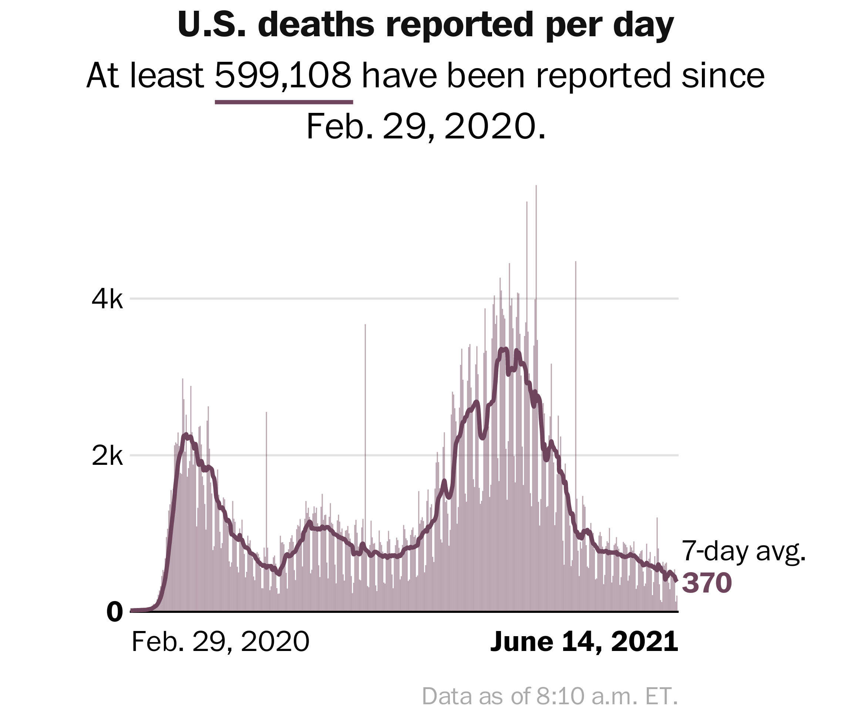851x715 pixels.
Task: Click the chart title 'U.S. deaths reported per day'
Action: pyautogui.click(x=425, y=25)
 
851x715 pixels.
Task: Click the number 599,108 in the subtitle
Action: pyautogui.click(x=283, y=75)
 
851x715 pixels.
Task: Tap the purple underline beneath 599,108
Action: pyautogui.click(x=284, y=102)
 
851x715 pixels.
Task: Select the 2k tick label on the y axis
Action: pyautogui.click(x=107, y=457)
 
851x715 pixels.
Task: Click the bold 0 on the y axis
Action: pyautogui.click(x=114, y=612)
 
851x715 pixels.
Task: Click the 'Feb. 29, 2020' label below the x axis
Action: pyautogui.click(x=221, y=642)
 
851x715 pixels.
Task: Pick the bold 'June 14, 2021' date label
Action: pyautogui.click(x=584, y=642)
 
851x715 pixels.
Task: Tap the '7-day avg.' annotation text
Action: pyautogui.click(x=744, y=552)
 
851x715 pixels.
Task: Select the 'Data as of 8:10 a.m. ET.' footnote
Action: pyautogui.click(x=550, y=696)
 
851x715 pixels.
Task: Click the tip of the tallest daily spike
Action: pyautogui.click(x=536, y=186)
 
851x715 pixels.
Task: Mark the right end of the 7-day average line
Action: pyautogui.click(x=676, y=580)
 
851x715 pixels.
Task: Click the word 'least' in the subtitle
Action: pyautogui.click(x=166, y=75)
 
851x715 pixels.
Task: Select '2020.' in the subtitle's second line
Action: pyautogui.click(x=495, y=127)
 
